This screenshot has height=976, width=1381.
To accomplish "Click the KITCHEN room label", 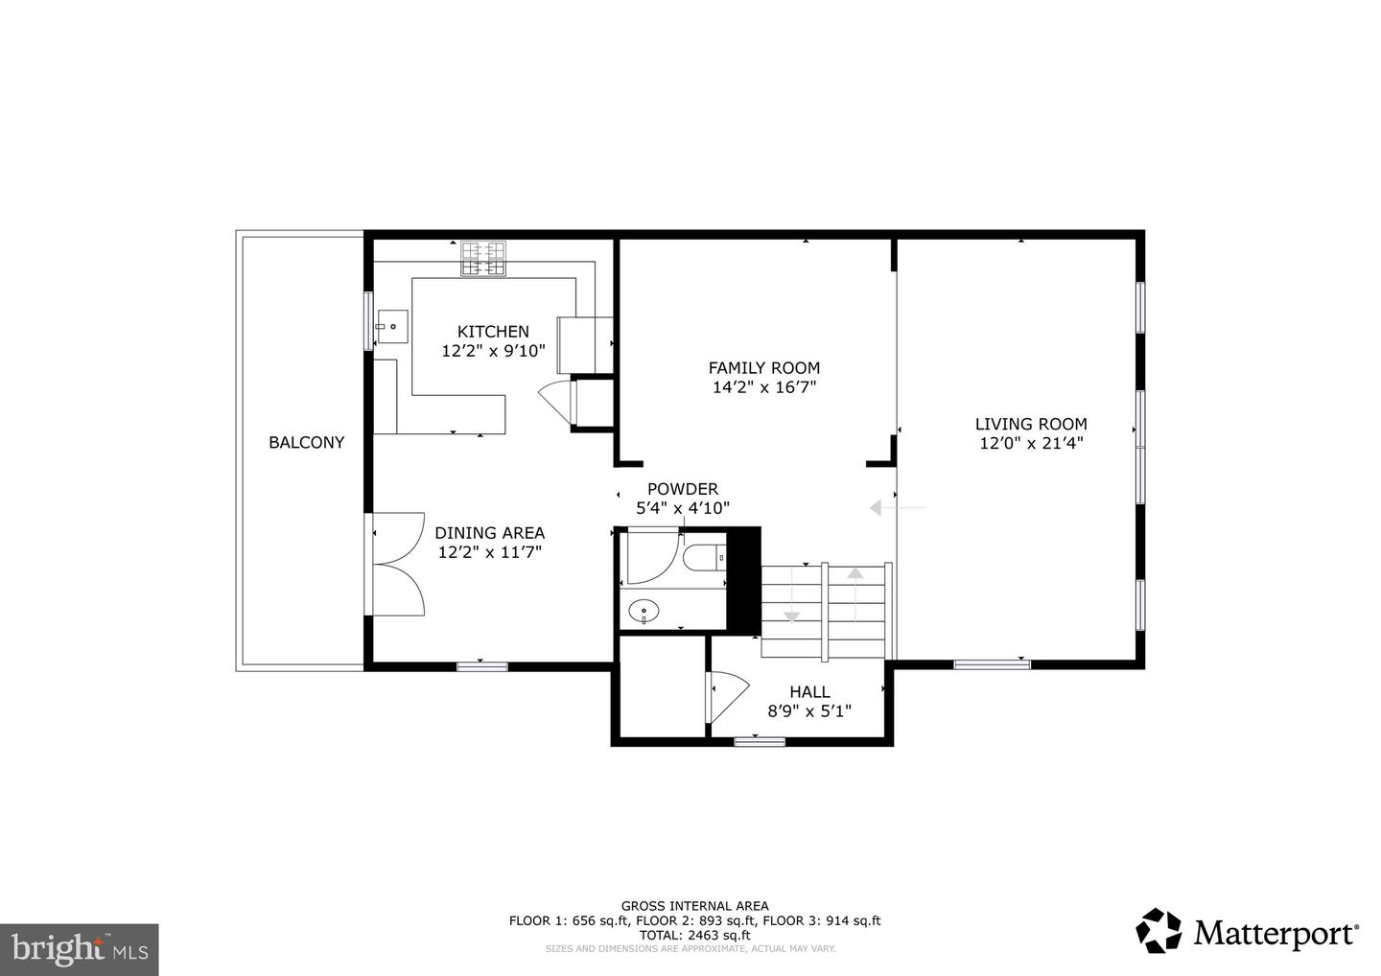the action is [x=493, y=332].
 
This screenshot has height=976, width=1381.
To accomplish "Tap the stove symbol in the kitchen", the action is [x=483, y=258].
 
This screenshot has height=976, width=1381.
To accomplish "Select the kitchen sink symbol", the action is [x=392, y=327].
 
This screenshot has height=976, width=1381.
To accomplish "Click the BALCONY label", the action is [x=307, y=442].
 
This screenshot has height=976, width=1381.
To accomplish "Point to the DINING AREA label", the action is [x=489, y=533].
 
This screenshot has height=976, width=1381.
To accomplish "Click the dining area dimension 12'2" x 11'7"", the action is [x=489, y=552].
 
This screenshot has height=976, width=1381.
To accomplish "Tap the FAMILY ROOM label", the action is [x=763, y=368].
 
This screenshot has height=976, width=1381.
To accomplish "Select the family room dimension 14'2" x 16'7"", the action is [x=763, y=387].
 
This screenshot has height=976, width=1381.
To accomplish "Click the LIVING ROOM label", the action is [x=1031, y=424].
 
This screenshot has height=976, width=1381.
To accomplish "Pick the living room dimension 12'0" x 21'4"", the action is [x=1031, y=443].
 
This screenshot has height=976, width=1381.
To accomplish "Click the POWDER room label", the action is [x=683, y=489].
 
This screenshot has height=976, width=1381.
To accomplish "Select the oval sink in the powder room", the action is [x=644, y=612].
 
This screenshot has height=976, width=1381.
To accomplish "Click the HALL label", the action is [x=809, y=692].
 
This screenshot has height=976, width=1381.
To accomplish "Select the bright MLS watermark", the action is [x=80, y=949].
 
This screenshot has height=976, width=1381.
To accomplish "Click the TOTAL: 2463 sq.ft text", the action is [x=694, y=935].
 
